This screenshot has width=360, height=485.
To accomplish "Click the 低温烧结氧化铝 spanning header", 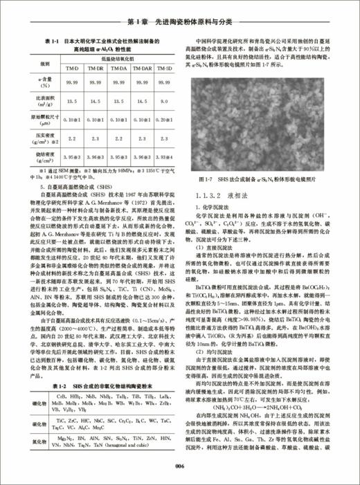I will click(116, 60).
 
